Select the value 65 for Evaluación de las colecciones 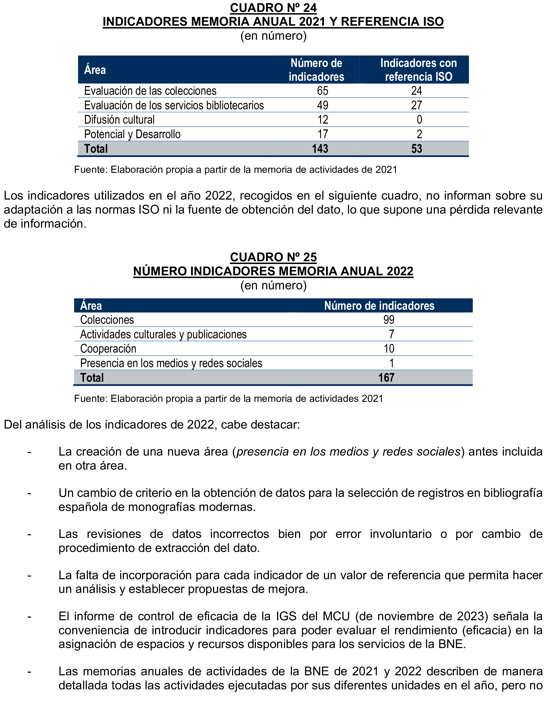click(322, 91)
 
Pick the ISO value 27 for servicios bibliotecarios click(417, 105)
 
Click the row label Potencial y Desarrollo click(132, 134)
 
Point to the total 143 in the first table click(320, 149)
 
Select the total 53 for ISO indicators click(417, 149)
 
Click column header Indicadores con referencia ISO click(418, 70)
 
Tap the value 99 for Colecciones click(389, 320)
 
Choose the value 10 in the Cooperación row click(389, 349)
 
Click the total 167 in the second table click(386, 378)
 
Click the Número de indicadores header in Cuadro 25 click(379, 306)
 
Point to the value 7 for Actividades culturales click(391, 334)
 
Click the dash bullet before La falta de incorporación click(29, 576)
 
